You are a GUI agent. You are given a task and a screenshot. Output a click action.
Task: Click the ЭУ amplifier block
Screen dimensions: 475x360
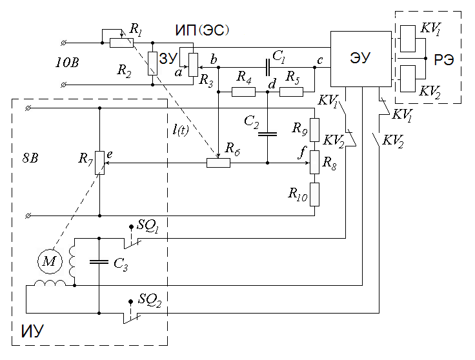(361, 59)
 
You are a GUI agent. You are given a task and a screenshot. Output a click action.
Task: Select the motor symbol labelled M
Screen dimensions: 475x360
(50, 261)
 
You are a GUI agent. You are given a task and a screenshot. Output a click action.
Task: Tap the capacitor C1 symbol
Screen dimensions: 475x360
(267, 67)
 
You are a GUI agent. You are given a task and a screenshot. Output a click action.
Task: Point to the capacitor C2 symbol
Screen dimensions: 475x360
(267, 134)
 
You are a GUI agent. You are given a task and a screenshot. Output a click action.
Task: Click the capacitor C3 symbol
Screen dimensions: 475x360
(99, 261)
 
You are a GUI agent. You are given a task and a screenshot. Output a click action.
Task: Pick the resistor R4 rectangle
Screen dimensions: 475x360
(243, 92)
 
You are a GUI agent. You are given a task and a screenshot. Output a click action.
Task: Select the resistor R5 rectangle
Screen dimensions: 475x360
(291, 92)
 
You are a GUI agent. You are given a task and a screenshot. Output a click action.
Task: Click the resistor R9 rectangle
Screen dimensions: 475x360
(315, 130)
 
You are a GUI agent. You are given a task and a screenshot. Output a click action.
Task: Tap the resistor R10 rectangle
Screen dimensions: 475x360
(315, 194)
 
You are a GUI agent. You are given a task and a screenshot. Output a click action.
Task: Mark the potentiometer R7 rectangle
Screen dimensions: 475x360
(99, 163)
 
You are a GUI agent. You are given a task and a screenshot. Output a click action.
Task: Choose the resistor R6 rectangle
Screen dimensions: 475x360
(218, 163)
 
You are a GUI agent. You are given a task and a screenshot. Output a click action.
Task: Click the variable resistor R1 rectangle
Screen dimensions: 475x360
(121, 43)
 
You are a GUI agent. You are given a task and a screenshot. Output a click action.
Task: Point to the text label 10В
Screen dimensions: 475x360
(67, 63)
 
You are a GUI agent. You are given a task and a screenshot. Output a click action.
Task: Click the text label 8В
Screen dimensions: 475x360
(30, 158)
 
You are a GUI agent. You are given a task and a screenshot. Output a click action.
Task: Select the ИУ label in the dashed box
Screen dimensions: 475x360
(32, 331)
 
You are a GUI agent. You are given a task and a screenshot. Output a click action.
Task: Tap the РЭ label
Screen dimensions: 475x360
(444, 59)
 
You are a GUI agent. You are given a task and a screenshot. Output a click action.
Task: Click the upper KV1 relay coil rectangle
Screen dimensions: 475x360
(408, 39)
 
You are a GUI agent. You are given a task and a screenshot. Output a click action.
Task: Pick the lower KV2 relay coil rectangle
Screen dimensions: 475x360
(408, 79)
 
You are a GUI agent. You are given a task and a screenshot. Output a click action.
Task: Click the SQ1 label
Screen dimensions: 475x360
(148, 226)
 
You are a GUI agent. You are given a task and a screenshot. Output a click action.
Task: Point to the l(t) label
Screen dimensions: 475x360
(181, 130)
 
